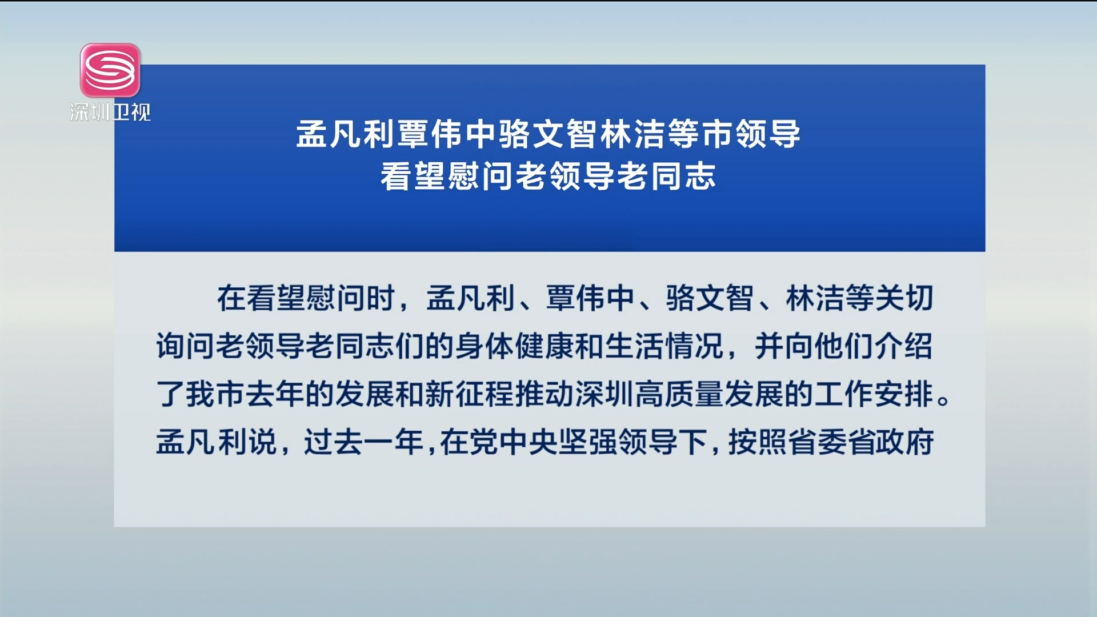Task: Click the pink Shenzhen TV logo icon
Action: (x=110, y=70)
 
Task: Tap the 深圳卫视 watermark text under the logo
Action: (x=110, y=112)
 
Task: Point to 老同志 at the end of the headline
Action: (x=666, y=176)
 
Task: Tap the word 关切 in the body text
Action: (x=904, y=298)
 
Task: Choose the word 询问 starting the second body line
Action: (x=186, y=346)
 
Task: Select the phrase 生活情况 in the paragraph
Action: (x=664, y=346)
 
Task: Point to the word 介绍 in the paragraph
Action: (x=903, y=346)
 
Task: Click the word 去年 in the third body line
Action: (x=275, y=394)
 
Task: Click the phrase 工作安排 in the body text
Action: (x=874, y=394)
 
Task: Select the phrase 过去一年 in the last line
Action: (x=363, y=442)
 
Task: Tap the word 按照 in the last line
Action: (x=758, y=442)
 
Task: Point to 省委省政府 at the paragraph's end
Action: (x=861, y=442)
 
